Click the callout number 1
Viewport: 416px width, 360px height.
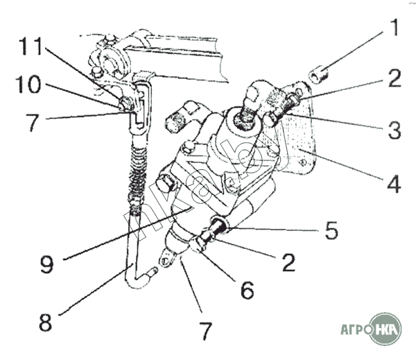click(x=393, y=29)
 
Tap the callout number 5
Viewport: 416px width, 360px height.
click(x=332, y=230)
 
